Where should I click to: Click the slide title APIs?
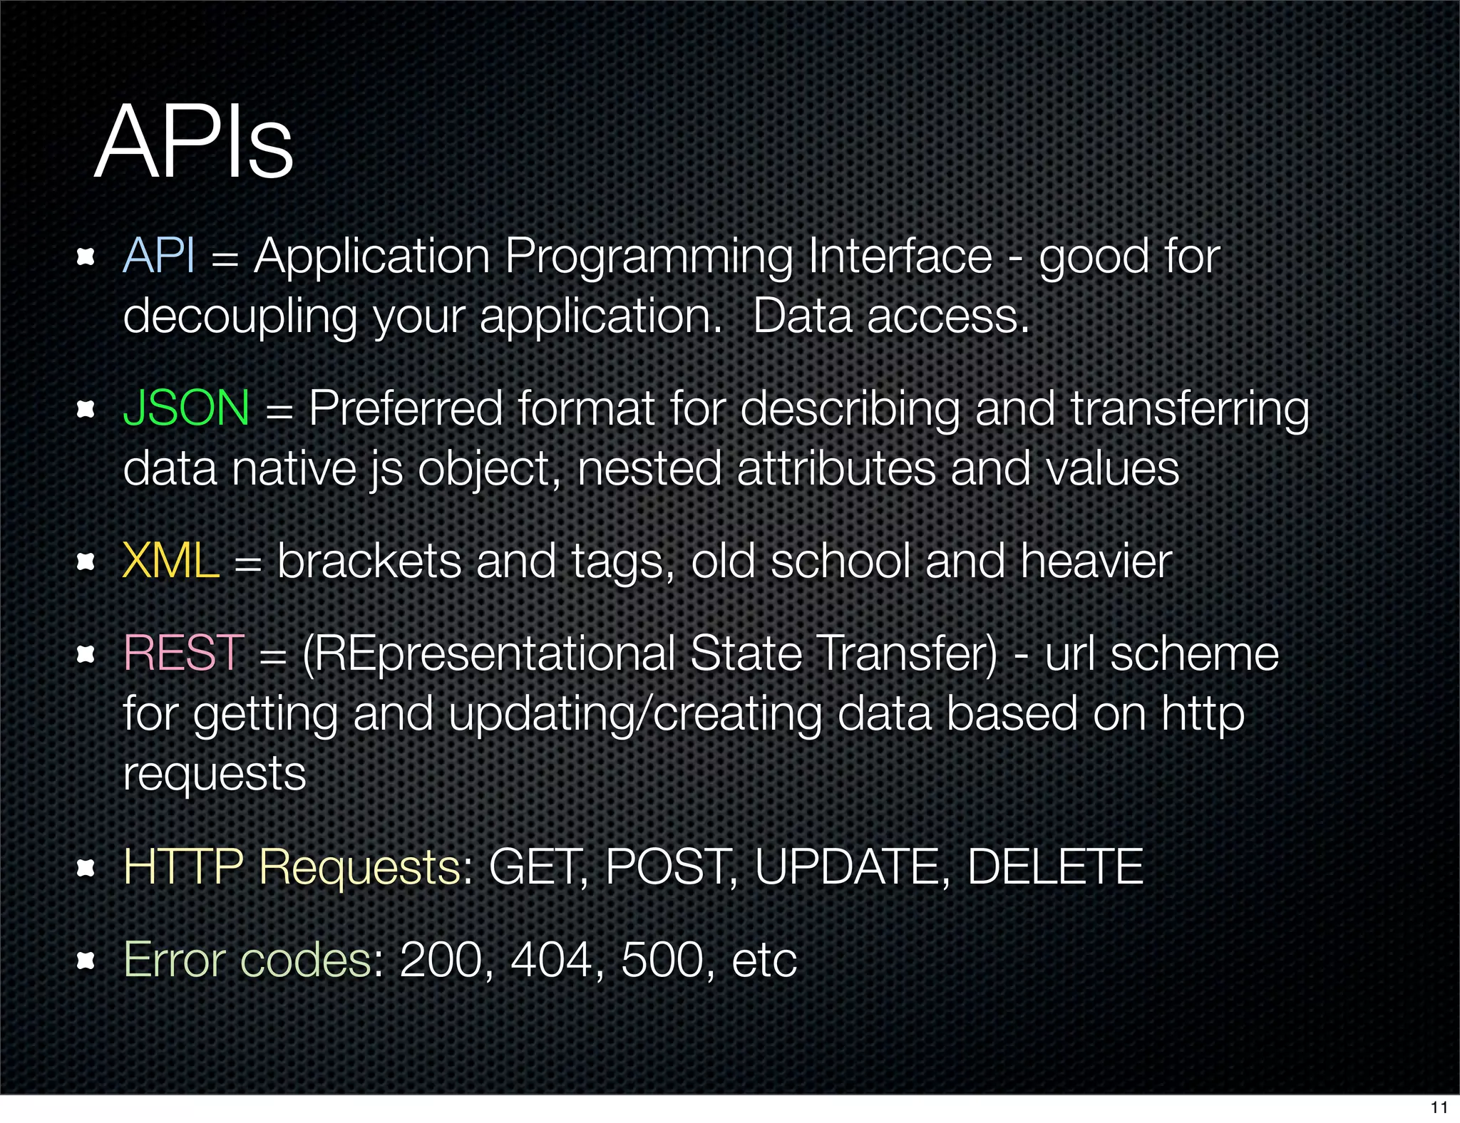[194, 143]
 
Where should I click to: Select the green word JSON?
[186, 408]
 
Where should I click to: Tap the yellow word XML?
[170, 561]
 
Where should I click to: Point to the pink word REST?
[184, 653]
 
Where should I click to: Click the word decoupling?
[240, 316]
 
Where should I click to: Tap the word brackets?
[369, 561]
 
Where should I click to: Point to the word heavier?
[1096, 561]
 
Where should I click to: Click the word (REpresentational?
[488, 654]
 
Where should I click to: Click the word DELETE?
[1055, 866]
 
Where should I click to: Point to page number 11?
[1439, 1107]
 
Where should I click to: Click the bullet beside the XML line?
[86, 561]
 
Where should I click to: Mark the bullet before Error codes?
[86, 961]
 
